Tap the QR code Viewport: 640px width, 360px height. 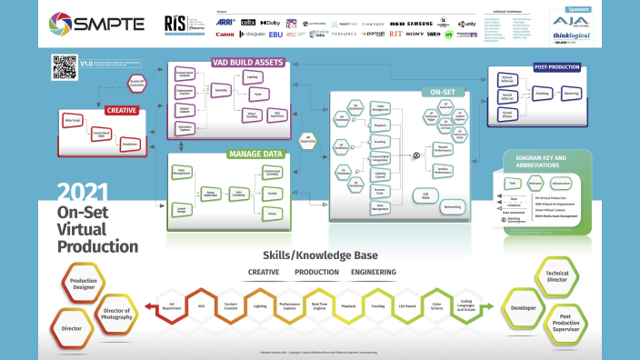click(x=64, y=66)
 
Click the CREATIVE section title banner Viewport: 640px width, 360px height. click(x=121, y=110)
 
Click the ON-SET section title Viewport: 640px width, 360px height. click(x=444, y=92)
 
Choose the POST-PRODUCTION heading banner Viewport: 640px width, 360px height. click(x=555, y=66)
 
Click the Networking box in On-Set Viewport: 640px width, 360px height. click(x=452, y=206)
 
